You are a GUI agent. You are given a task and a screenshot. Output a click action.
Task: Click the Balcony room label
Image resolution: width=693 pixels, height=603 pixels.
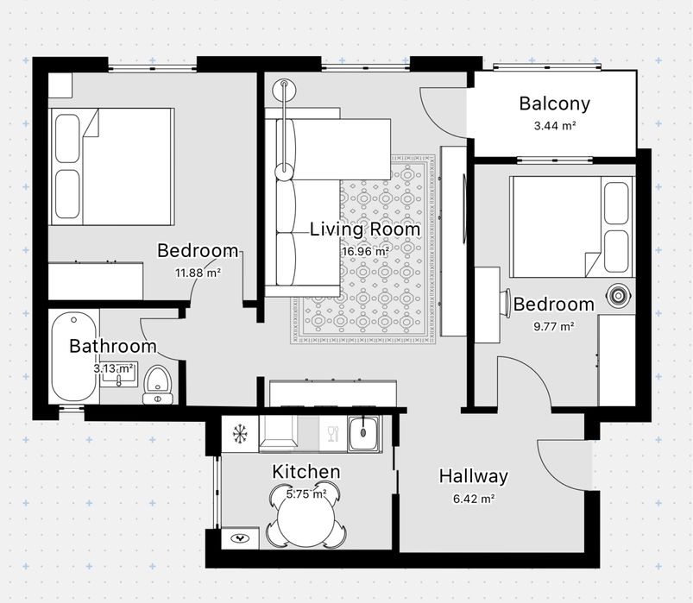coord(554,104)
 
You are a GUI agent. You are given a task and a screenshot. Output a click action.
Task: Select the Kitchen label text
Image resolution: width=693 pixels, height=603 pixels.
coord(306,472)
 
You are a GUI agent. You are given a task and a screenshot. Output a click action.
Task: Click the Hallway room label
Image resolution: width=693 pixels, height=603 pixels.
coord(473,476)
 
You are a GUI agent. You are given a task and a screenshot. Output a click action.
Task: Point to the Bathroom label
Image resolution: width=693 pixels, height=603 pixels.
coord(113,347)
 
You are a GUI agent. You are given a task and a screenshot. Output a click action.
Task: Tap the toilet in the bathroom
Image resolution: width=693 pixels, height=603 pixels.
coord(157,383)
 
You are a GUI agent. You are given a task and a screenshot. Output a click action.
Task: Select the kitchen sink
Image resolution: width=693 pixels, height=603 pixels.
coord(365,432)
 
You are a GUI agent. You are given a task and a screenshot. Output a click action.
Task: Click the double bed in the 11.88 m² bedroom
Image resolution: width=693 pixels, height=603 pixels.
coord(112,166)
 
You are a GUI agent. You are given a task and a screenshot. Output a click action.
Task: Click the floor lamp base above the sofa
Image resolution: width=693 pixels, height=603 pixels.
coord(282,89)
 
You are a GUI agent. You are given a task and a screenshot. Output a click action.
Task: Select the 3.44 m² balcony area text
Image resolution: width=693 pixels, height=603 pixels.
coord(555,126)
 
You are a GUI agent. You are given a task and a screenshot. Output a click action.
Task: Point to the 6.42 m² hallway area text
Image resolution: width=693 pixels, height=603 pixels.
coord(473,499)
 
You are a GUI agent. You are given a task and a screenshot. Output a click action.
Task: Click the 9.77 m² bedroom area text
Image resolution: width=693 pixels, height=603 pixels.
coord(554,326)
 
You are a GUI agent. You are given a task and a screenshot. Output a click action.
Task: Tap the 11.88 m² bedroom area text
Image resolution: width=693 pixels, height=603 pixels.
coord(198,273)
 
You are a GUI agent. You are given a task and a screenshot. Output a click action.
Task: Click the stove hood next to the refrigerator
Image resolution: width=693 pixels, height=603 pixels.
coord(279,434)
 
